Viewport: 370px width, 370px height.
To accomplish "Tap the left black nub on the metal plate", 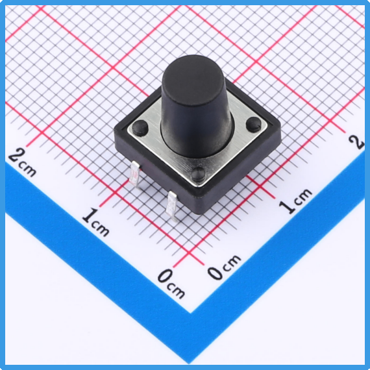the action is [140, 128].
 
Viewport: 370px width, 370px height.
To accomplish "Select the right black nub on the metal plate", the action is [254, 125].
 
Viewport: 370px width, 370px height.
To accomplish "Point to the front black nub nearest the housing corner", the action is [198, 175].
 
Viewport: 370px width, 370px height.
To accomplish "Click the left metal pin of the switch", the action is [135, 174].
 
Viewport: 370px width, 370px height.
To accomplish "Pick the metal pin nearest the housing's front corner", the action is [172, 206].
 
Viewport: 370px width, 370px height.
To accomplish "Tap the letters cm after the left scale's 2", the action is [28, 169].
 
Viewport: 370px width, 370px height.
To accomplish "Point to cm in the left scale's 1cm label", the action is [101, 228].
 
